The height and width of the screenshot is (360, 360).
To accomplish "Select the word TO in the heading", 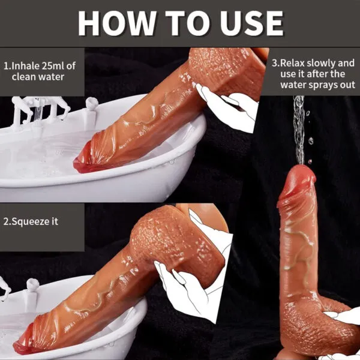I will point(183,23).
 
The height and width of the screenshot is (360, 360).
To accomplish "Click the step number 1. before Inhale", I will point(7,64).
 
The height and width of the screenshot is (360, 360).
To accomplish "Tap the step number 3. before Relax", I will point(276,62).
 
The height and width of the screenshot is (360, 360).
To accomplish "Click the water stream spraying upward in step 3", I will point(298,129).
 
